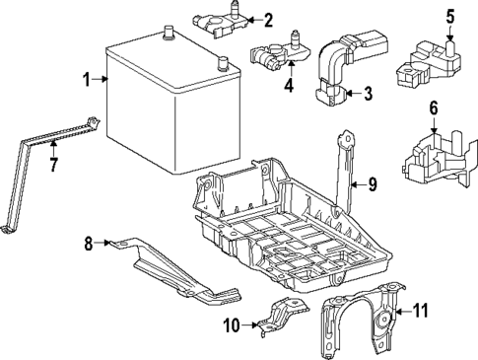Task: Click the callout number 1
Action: pos(87,79)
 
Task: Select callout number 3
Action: pos(367,95)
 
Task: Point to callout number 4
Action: pos(290,85)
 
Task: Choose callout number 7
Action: pos(53,163)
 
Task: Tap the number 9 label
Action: pos(373,182)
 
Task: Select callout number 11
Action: pos(420,312)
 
